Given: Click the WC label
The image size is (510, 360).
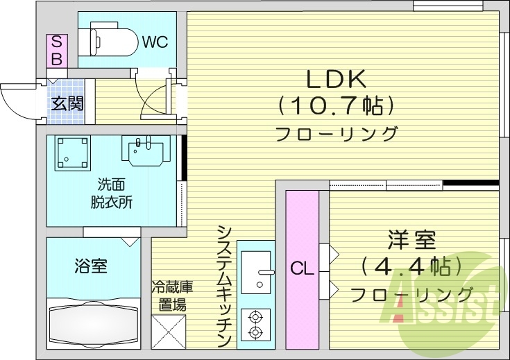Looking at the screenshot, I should pyautogui.click(x=155, y=42).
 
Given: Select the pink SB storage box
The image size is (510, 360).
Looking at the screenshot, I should pyautogui.click(x=56, y=50).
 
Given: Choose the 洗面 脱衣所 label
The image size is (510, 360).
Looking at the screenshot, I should pyautogui.click(x=112, y=194).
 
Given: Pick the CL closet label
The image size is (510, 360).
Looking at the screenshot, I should pyautogui.click(x=302, y=266).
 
